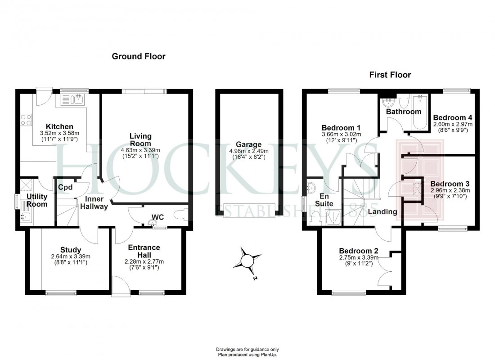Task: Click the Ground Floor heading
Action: (x=138, y=57)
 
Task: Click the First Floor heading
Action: (x=390, y=75)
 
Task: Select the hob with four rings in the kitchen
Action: (x=26, y=119)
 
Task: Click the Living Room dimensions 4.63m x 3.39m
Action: (x=140, y=150)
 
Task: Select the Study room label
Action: (x=71, y=250)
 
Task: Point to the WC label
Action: (x=157, y=217)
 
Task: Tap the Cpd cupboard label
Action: (x=65, y=187)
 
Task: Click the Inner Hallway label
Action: (x=94, y=202)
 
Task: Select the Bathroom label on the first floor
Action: (x=404, y=112)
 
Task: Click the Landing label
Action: (x=382, y=211)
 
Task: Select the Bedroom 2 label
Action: (x=358, y=251)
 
